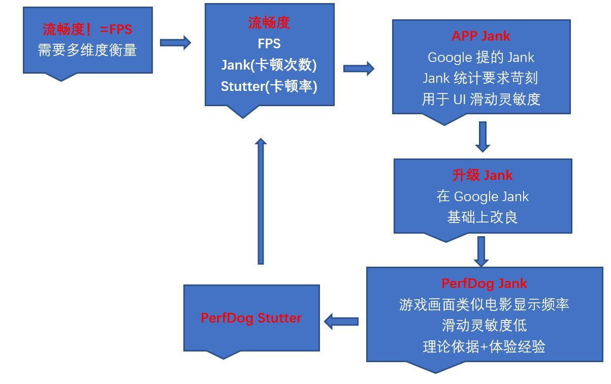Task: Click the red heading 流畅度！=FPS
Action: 87,29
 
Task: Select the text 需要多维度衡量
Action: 87,50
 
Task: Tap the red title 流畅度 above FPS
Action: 269,23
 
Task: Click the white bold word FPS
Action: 269,44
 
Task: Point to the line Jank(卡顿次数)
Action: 269,65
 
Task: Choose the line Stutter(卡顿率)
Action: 269,86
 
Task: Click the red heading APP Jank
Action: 480,36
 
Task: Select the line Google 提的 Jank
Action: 480,57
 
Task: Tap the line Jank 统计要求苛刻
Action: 480,78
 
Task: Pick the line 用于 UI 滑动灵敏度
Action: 480,99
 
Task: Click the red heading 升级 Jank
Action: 482,175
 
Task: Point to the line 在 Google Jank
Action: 482,197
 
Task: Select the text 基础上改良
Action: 482,217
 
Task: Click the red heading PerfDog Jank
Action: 484,283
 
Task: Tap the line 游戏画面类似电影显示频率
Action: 484,304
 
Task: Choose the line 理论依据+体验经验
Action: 484,347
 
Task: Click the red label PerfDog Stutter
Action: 251,318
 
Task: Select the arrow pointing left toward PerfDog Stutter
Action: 341,322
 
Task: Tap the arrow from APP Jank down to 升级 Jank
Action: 482,137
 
